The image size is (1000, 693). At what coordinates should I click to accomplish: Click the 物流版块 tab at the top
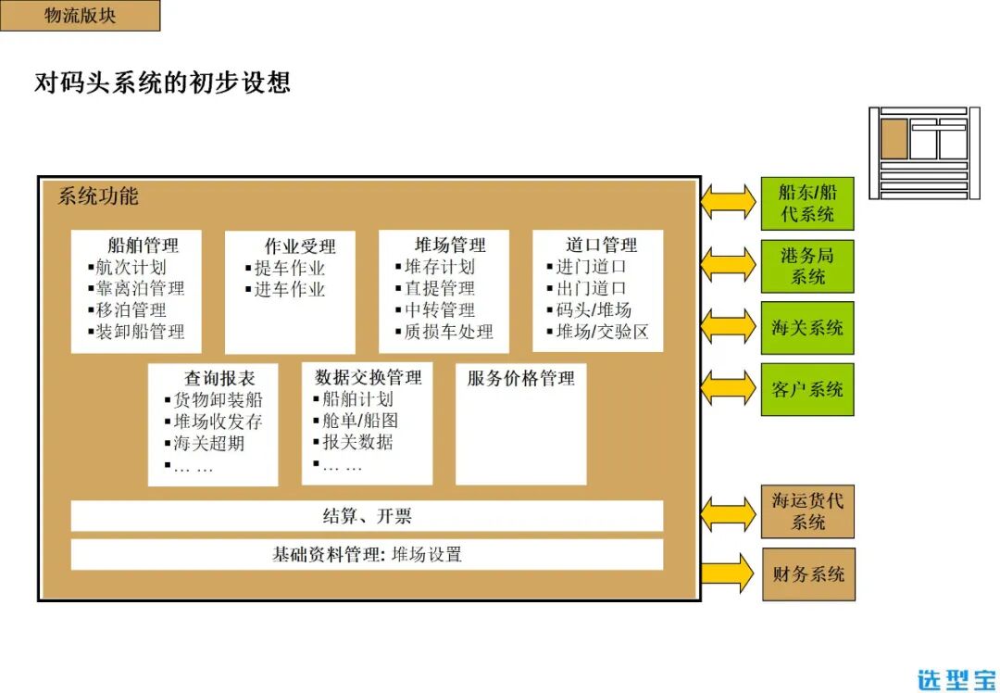80,16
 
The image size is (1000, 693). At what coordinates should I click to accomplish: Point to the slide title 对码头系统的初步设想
162,82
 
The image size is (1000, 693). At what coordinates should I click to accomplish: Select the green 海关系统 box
807,328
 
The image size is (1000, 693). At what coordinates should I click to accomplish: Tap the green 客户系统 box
807,389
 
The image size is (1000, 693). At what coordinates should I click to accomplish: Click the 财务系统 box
808,574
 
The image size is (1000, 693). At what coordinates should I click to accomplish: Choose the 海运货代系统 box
808,511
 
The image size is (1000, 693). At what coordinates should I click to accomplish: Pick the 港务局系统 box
807,266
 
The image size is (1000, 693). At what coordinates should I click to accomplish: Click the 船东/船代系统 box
807,204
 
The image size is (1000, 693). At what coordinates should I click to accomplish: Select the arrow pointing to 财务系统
729,573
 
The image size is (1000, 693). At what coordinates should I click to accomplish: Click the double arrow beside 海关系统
729,327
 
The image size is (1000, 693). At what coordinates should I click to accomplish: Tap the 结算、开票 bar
367,516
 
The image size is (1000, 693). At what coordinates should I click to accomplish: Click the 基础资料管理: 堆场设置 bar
367,555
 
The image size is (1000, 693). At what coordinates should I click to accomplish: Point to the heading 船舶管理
143,246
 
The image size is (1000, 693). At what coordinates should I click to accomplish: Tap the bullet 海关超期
209,443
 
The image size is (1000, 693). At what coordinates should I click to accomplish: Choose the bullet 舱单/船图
360,421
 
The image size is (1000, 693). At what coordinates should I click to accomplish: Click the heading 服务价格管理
520,378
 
